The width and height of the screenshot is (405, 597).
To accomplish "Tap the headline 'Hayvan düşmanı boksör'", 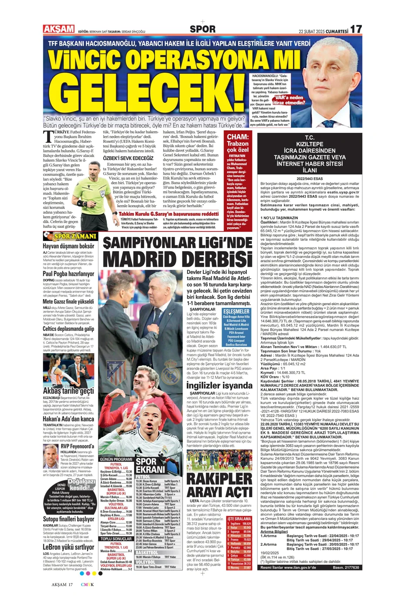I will [68, 246].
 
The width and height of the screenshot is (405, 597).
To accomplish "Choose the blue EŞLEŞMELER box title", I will [236, 311].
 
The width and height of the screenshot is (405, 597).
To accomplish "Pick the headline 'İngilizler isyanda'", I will [219, 385].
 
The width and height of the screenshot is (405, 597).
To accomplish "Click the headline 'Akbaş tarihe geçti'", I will [68, 391].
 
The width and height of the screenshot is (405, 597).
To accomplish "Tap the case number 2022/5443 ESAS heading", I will [309, 178].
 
